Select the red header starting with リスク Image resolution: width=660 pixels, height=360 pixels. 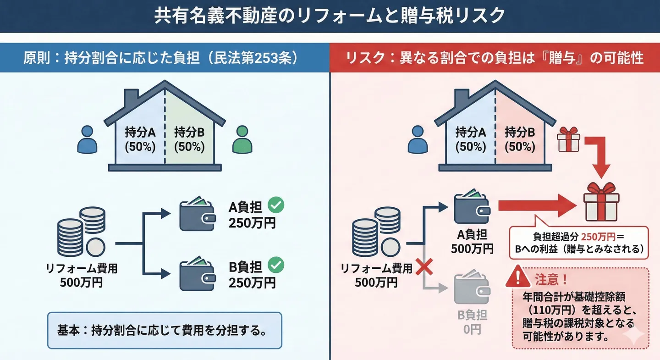pyautogui.click(x=495, y=58)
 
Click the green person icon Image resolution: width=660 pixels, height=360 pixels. pyautogui.click(x=242, y=139)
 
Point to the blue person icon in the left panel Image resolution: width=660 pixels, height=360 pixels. pyautogui.click(x=87, y=139)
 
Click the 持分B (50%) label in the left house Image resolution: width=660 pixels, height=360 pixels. pyautogui.click(x=189, y=140)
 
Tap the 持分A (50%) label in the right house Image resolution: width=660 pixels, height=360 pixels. pyautogui.click(x=470, y=140)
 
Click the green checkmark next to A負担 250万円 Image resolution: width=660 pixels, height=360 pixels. pyautogui.click(x=276, y=205)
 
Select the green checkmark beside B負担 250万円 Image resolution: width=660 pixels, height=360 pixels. pyautogui.click(x=276, y=265)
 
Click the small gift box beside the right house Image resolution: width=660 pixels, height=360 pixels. pyautogui.click(x=569, y=139)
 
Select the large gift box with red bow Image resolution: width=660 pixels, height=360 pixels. pyautogui.click(x=601, y=202)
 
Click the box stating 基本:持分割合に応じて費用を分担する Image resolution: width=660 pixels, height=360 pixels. pyautogui.click(x=165, y=330)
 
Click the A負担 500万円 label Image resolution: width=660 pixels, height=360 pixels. pyautogui.click(x=472, y=242)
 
